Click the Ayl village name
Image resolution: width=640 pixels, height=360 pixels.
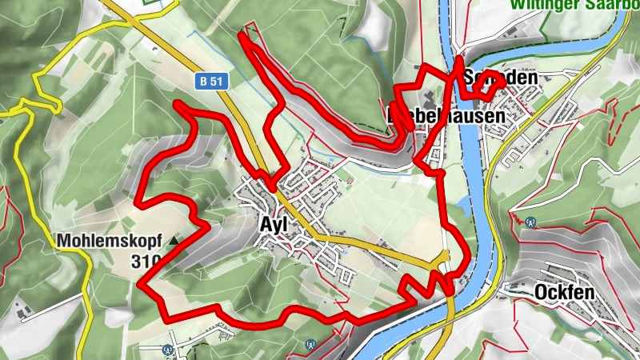[x=274, y=225]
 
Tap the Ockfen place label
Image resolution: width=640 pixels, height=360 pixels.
[x=565, y=293]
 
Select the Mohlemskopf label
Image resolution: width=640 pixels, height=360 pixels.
[x=109, y=240]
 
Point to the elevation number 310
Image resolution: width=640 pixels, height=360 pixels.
[x=149, y=260]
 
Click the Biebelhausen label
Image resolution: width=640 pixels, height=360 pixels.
[x=446, y=116]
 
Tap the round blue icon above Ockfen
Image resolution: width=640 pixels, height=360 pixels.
[x=530, y=223]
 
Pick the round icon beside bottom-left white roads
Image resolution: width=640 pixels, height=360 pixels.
[x=167, y=350]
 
